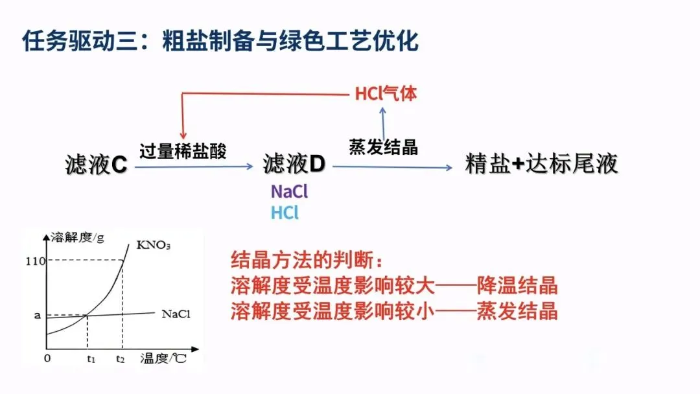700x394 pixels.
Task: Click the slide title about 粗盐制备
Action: click(x=220, y=41)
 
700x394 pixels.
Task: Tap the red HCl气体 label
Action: click(x=386, y=94)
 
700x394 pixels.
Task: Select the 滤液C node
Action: click(x=96, y=165)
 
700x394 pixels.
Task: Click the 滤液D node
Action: click(x=294, y=165)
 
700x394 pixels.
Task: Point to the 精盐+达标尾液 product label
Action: click(x=542, y=165)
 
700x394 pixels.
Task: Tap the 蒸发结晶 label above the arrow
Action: click(x=383, y=147)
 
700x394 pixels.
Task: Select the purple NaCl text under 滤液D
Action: click(x=289, y=192)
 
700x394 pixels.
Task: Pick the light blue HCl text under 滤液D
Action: click(x=285, y=213)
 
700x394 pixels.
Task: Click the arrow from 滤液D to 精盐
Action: click(x=392, y=167)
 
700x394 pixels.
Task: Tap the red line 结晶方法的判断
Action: click(x=307, y=261)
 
